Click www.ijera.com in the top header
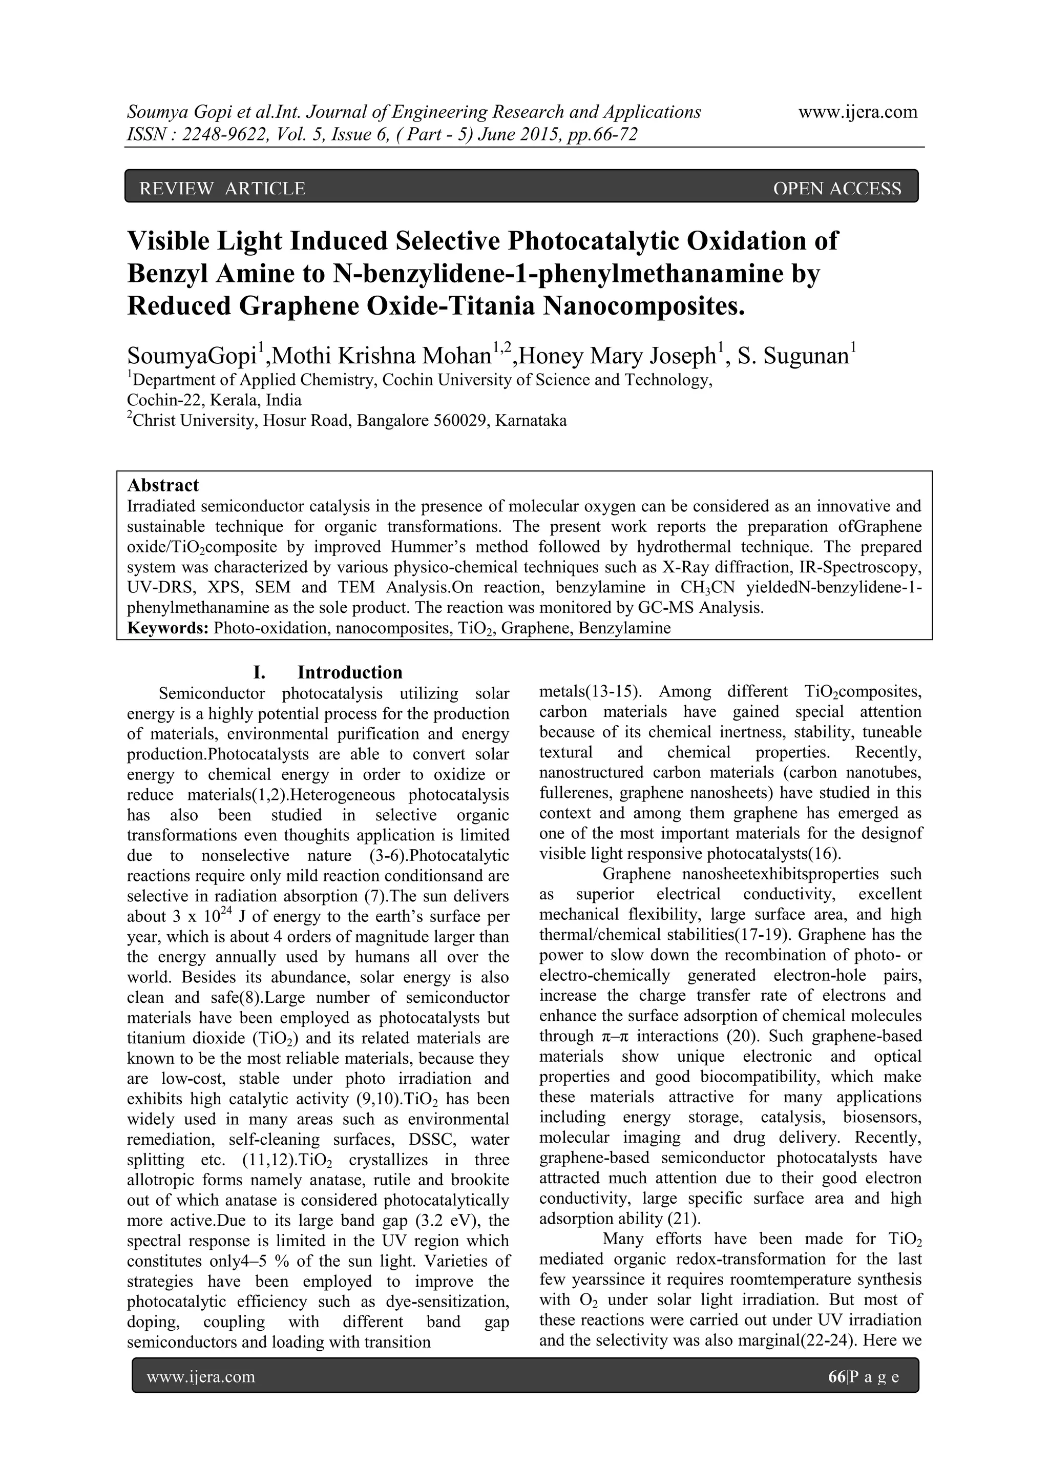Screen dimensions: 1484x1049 pyautogui.click(x=858, y=112)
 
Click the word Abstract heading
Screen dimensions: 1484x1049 pyautogui.click(x=163, y=485)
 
